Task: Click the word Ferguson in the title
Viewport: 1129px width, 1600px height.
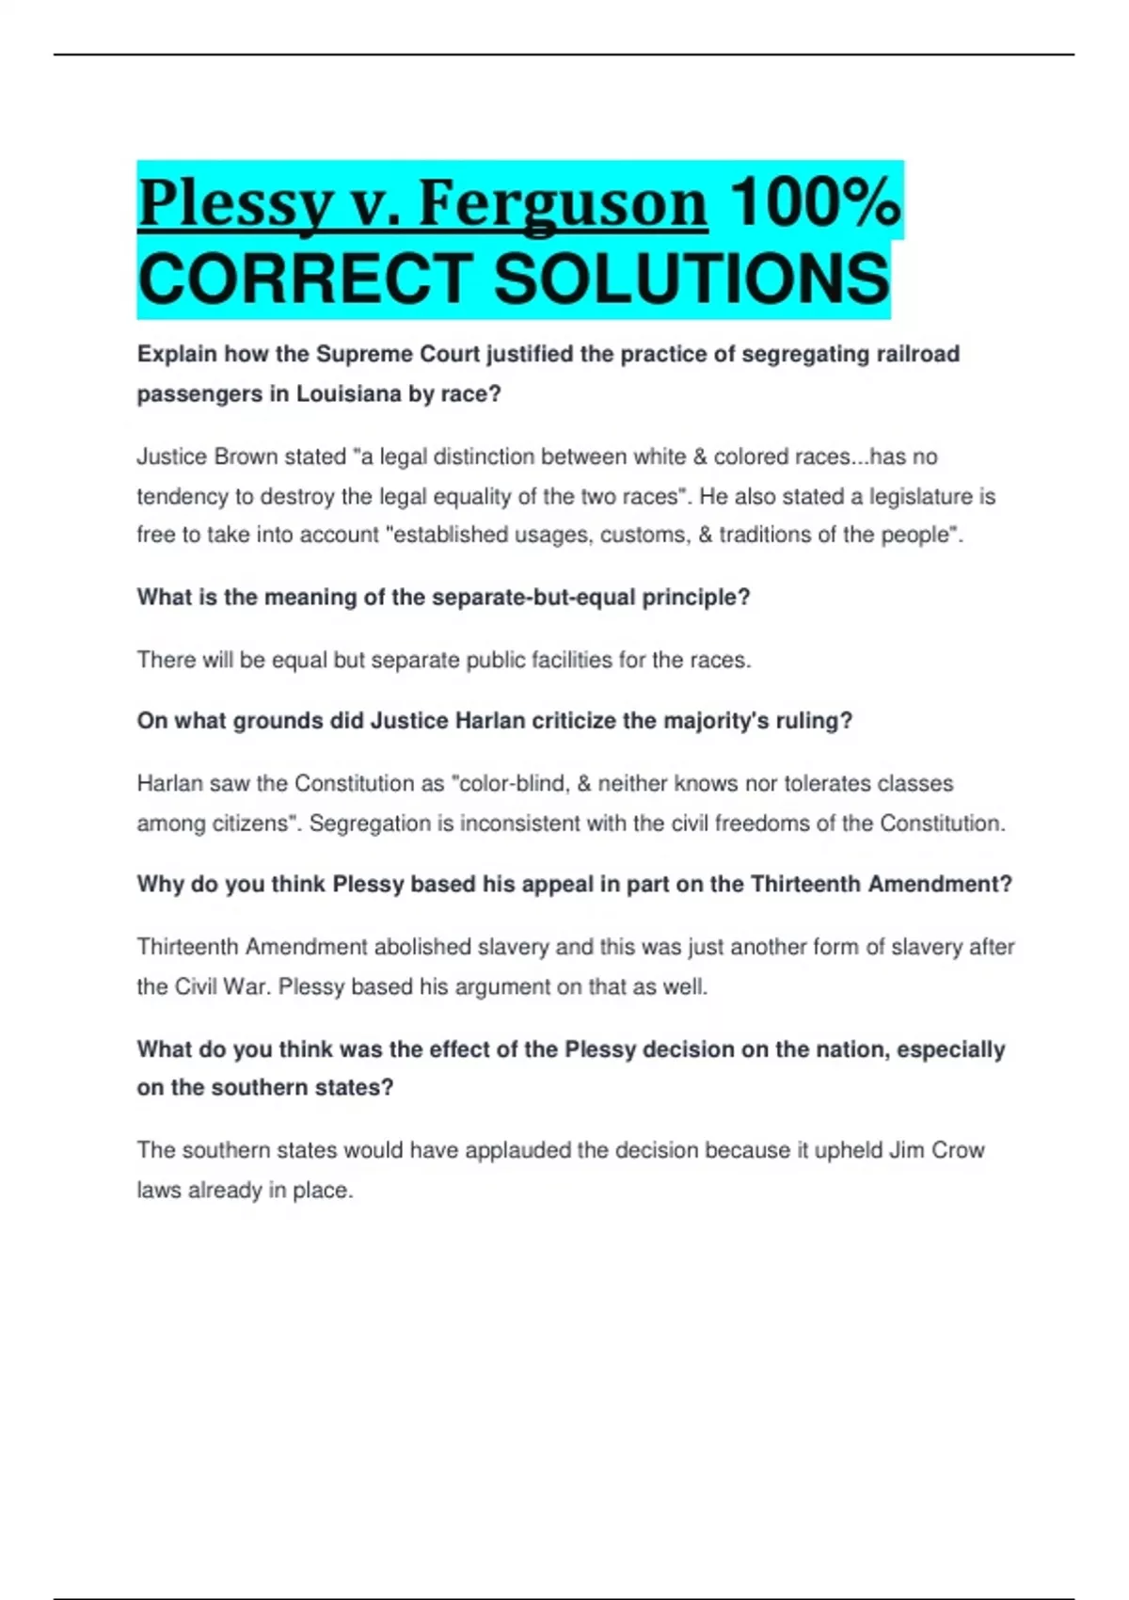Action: [x=562, y=204]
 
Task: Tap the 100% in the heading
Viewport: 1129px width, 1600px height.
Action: [x=815, y=202]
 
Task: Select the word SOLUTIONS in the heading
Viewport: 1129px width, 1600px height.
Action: [x=692, y=280]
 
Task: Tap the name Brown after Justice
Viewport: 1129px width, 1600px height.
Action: [x=246, y=456]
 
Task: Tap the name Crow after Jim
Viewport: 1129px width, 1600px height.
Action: [x=957, y=1150]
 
